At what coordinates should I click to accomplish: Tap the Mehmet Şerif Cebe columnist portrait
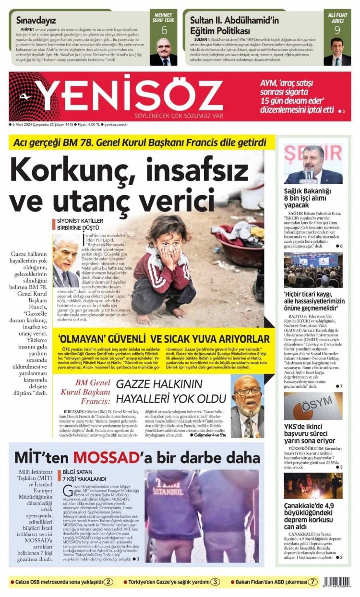coord(164,51)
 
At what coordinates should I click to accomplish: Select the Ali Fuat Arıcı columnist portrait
coord(337,51)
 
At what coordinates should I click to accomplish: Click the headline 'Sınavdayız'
coord(36,21)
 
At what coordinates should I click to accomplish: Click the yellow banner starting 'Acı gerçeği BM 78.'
coord(139,143)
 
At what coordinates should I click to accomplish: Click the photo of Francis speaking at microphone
coord(248,406)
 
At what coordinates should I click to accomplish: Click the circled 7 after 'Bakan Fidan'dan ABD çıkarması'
coord(313,582)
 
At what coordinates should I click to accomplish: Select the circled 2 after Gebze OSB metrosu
coord(109,582)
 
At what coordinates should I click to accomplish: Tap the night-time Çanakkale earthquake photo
coord(313,485)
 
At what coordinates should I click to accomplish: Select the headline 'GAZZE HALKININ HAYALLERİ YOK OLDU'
coord(171,392)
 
